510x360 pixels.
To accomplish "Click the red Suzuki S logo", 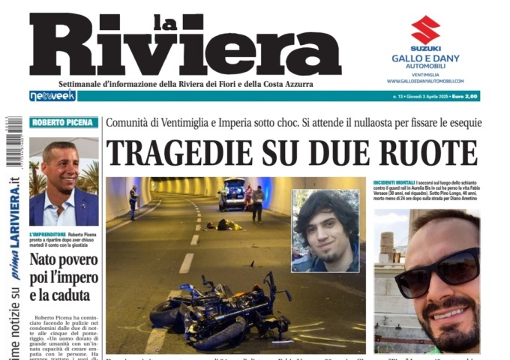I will click(426, 30).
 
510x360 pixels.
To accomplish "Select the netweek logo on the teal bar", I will click(52, 96).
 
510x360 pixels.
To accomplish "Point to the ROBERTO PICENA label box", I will click(64, 123).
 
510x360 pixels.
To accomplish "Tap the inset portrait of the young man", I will click(325, 230).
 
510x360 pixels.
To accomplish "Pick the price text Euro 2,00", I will click(463, 97).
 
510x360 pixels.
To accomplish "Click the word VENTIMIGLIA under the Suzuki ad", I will click(426, 74).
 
